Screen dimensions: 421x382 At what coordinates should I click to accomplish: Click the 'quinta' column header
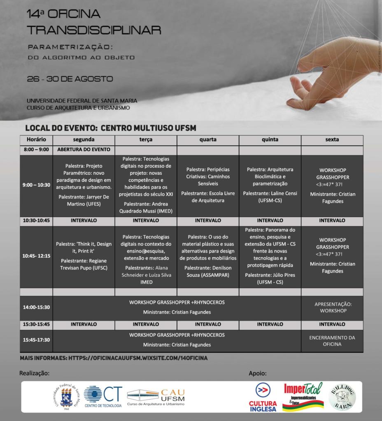(270, 140)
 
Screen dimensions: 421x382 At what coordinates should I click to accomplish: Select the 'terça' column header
(146, 140)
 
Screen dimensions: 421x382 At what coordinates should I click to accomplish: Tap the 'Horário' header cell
(36, 140)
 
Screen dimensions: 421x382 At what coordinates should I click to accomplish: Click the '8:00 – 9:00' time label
(36, 150)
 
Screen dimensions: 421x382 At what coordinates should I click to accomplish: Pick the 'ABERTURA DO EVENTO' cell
(84, 150)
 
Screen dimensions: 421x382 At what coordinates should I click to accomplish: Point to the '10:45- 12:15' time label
(36, 255)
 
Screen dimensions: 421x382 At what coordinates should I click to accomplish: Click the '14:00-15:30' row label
(36, 307)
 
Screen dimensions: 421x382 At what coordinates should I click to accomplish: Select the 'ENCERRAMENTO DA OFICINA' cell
(332, 341)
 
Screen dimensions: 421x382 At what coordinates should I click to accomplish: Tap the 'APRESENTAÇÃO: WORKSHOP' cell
(332, 307)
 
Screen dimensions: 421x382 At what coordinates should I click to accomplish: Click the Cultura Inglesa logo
(263, 397)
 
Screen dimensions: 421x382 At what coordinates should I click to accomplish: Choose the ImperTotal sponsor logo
(303, 396)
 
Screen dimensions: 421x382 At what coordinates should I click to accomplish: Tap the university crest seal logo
(66, 396)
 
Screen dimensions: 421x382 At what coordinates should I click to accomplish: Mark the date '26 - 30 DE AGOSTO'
(70, 79)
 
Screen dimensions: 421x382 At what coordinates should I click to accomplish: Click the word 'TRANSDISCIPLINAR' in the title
(93, 30)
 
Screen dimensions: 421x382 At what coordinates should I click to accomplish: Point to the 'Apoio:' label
(258, 374)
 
